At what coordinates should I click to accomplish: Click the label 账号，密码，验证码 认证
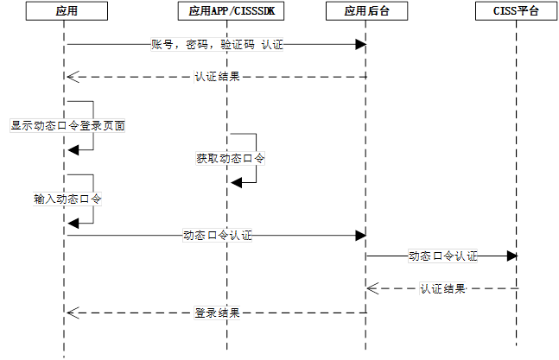pyautogui.click(x=217, y=46)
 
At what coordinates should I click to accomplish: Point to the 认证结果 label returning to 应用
pyautogui.click(x=217, y=77)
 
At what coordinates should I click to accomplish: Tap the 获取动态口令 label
pyautogui.click(x=229, y=159)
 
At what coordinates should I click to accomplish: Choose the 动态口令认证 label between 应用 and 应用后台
pyautogui.click(x=217, y=235)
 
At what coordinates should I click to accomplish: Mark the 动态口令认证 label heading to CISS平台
pyautogui.click(x=442, y=256)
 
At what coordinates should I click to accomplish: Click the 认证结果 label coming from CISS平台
pyautogui.click(x=442, y=288)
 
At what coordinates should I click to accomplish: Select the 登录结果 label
pyautogui.click(x=217, y=313)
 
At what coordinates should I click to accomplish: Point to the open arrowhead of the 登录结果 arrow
pyautogui.click(x=73, y=313)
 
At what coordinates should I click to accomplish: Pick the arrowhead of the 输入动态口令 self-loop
pyautogui.click(x=73, y=223)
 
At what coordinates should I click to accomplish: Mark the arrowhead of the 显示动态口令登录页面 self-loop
pyautogui.click(x=73, y=149)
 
